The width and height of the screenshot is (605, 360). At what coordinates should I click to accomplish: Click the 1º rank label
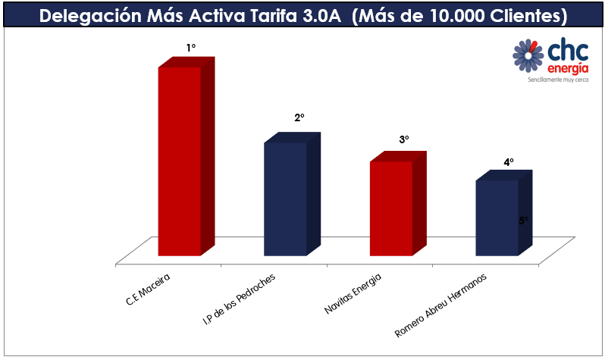[191, 48]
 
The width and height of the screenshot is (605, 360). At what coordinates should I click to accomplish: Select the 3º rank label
[403, 140]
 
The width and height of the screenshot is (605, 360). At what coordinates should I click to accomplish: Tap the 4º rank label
[509, 162]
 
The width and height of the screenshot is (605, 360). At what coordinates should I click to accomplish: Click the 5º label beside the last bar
[524, 221]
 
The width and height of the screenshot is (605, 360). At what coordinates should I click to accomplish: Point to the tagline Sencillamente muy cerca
[558, 79]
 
